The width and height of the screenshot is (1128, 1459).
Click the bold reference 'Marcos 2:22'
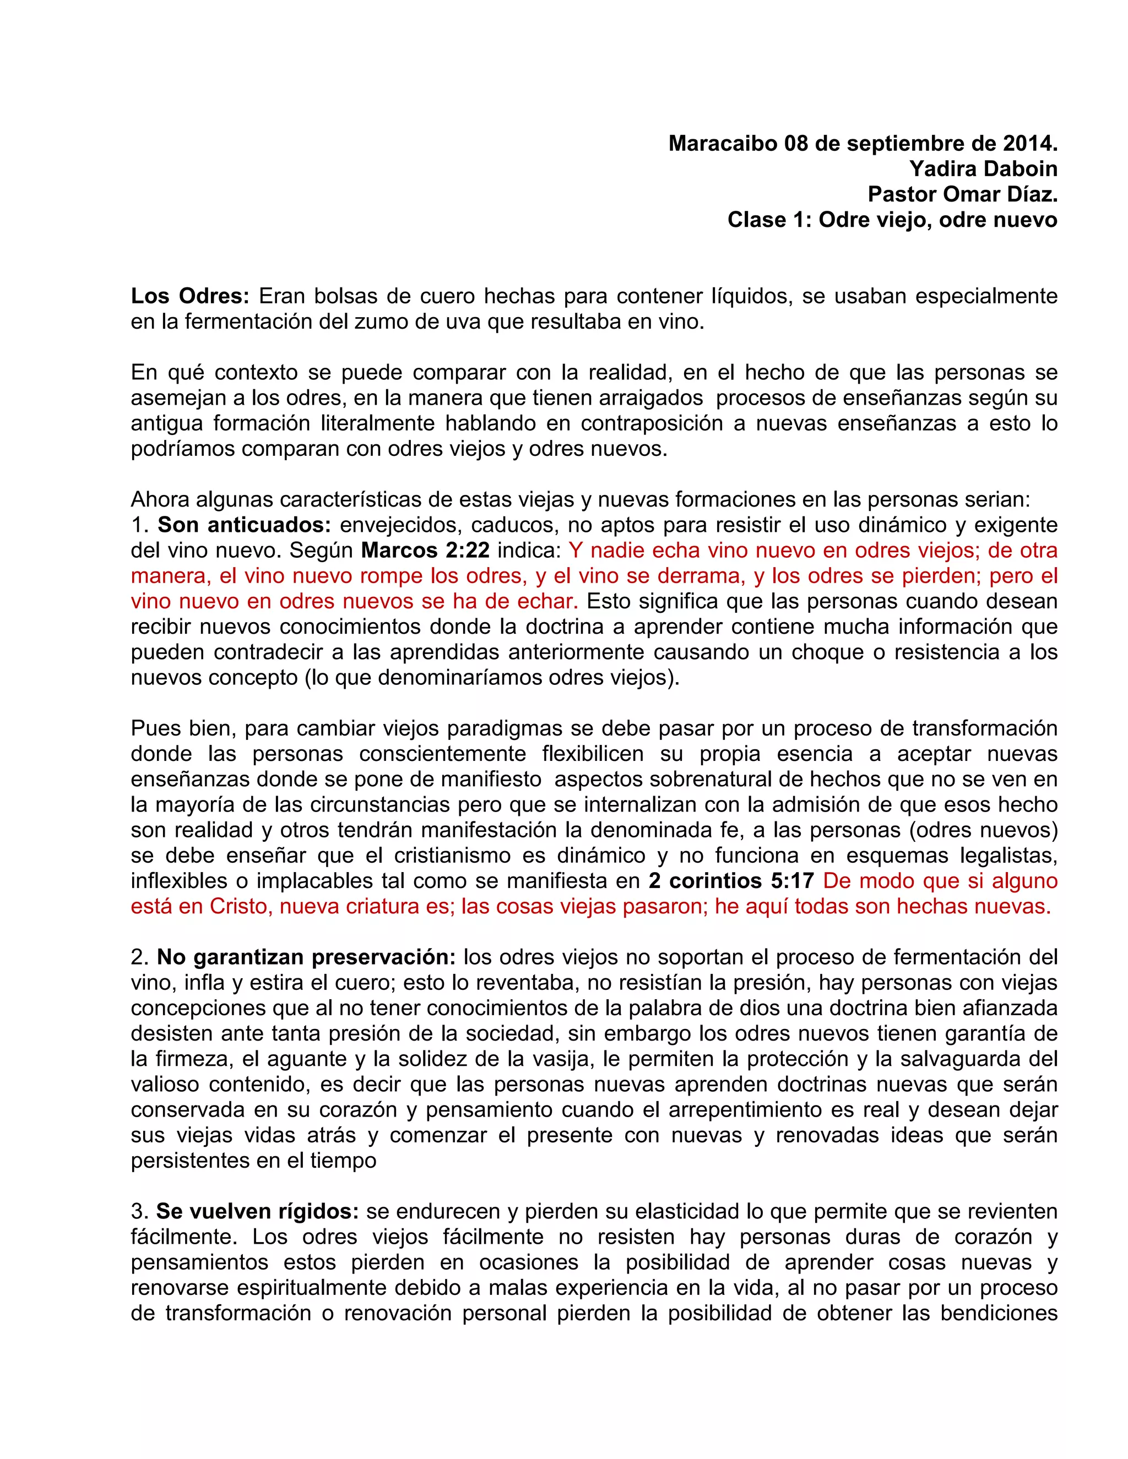click(425, 550)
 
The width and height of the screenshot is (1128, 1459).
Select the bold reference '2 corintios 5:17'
click(731, 881)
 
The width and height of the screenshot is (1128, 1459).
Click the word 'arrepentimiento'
click(744, 1109)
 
